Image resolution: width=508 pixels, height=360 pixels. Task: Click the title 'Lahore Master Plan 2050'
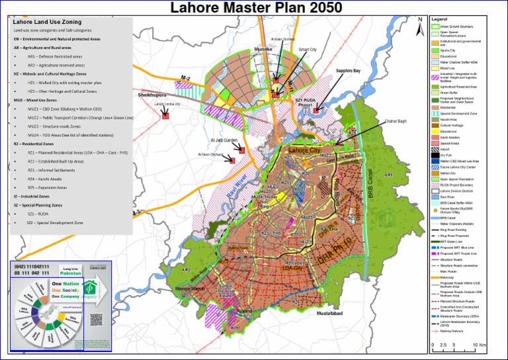click(x=257, y=8)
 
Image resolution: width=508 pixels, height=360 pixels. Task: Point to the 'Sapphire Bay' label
click(x=348, y=70)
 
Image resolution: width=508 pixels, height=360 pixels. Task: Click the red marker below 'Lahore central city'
click(x=165, y=115)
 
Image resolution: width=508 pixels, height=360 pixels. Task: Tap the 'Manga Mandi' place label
click(x=190, y=289)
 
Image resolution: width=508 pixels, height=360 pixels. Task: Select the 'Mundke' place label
click(x=263, y=49)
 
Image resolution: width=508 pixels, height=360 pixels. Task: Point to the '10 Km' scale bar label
click(x=481, y=345)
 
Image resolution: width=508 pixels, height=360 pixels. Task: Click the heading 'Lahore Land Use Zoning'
click(x=48, y=22)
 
